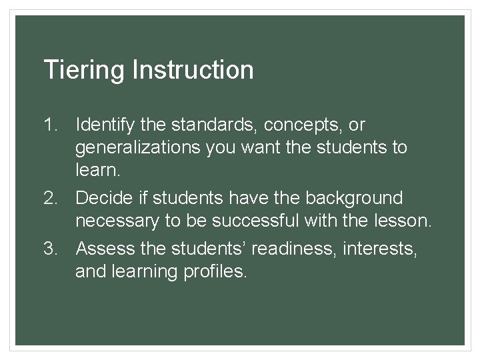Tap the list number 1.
51,125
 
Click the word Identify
105,125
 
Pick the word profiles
214,271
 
